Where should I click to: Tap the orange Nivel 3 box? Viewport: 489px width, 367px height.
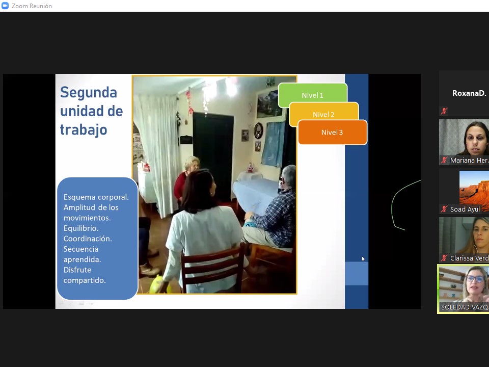click(x=333, y=133)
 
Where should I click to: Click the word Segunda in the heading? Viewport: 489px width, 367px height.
click(x=89, y=92)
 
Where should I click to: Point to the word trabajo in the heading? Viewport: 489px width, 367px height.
click(x=83, y=130)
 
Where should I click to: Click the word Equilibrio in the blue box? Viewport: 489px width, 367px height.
click(x=81, y=228)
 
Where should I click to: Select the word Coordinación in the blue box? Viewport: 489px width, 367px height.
click(x=88, y=239)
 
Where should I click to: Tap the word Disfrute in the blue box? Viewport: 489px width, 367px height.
click(x=77, y=270)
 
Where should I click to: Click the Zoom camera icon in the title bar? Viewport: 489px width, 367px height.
click(x=5, y=6)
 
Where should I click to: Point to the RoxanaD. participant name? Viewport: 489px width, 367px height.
click(x=469, y=93)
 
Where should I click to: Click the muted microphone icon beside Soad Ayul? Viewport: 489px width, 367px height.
click(x=444, y=209)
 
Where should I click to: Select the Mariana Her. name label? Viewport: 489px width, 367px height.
click(x=469, y=161)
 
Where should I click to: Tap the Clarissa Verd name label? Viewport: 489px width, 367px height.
click(x=469, y=258)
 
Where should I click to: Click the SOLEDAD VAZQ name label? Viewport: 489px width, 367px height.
click(x=465, y=307)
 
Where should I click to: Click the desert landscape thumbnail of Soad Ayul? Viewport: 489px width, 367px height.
click(x=474, y=189)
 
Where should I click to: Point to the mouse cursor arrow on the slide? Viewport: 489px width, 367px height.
click(x=363, y=258)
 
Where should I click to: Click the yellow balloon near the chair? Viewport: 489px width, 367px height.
click(x=159, y=284)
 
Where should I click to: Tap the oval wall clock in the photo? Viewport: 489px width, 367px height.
click(x=259, y=130)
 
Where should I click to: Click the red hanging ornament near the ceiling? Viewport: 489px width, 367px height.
click(x=189, y=101)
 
